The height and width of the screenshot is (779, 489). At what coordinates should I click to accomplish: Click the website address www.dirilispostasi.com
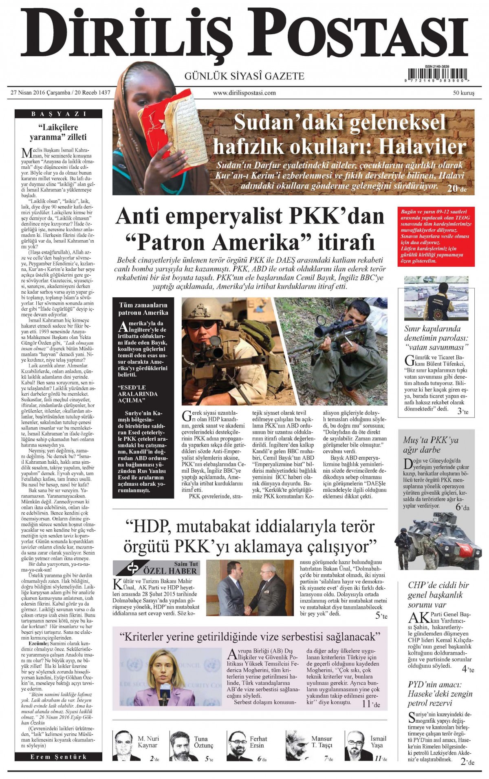coord(244,93)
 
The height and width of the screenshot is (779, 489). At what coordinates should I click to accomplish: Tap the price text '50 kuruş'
coord(464,93)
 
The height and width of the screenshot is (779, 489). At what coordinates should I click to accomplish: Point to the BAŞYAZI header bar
coord(59,114)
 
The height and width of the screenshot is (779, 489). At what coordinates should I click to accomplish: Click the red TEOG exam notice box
coord(435,237)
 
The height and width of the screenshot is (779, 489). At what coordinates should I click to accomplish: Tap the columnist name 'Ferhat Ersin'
coord(258,741)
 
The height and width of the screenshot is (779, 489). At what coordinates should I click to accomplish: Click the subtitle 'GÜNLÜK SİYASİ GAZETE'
coord(244,76)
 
